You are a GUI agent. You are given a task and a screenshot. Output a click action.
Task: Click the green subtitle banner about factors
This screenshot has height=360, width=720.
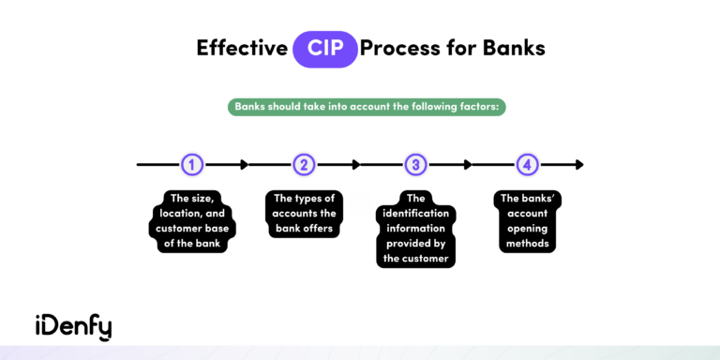coord(367,107)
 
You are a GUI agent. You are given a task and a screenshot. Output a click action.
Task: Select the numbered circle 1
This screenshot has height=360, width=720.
coord(192,165)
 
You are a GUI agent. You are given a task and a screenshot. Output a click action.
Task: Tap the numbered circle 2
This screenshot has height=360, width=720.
coord(304,165)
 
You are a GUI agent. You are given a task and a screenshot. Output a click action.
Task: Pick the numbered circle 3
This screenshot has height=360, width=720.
coord(416,165)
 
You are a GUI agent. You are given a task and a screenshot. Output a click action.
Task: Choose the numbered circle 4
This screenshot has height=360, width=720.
coord(528,165)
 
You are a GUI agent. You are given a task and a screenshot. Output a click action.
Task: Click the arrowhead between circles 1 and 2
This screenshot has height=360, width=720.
coord(244,165)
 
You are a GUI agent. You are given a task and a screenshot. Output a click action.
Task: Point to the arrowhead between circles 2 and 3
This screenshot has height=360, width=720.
coord(355,165)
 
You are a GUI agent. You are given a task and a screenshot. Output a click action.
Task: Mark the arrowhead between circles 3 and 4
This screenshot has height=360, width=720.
coord(467,165)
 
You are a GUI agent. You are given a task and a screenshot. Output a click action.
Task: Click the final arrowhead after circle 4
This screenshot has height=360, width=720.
coord(578,165)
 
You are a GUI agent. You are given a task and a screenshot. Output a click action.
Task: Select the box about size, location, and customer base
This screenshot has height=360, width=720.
coord(192,221)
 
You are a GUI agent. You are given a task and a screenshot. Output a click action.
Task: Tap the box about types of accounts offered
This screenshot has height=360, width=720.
coord(304,214)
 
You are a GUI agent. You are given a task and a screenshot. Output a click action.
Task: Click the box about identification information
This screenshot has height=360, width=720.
coord(416,229)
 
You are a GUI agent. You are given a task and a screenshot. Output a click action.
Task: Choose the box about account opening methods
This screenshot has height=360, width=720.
coord(528,221)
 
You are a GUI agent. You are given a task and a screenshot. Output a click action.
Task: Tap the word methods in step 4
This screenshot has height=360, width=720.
coord(528,244)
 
